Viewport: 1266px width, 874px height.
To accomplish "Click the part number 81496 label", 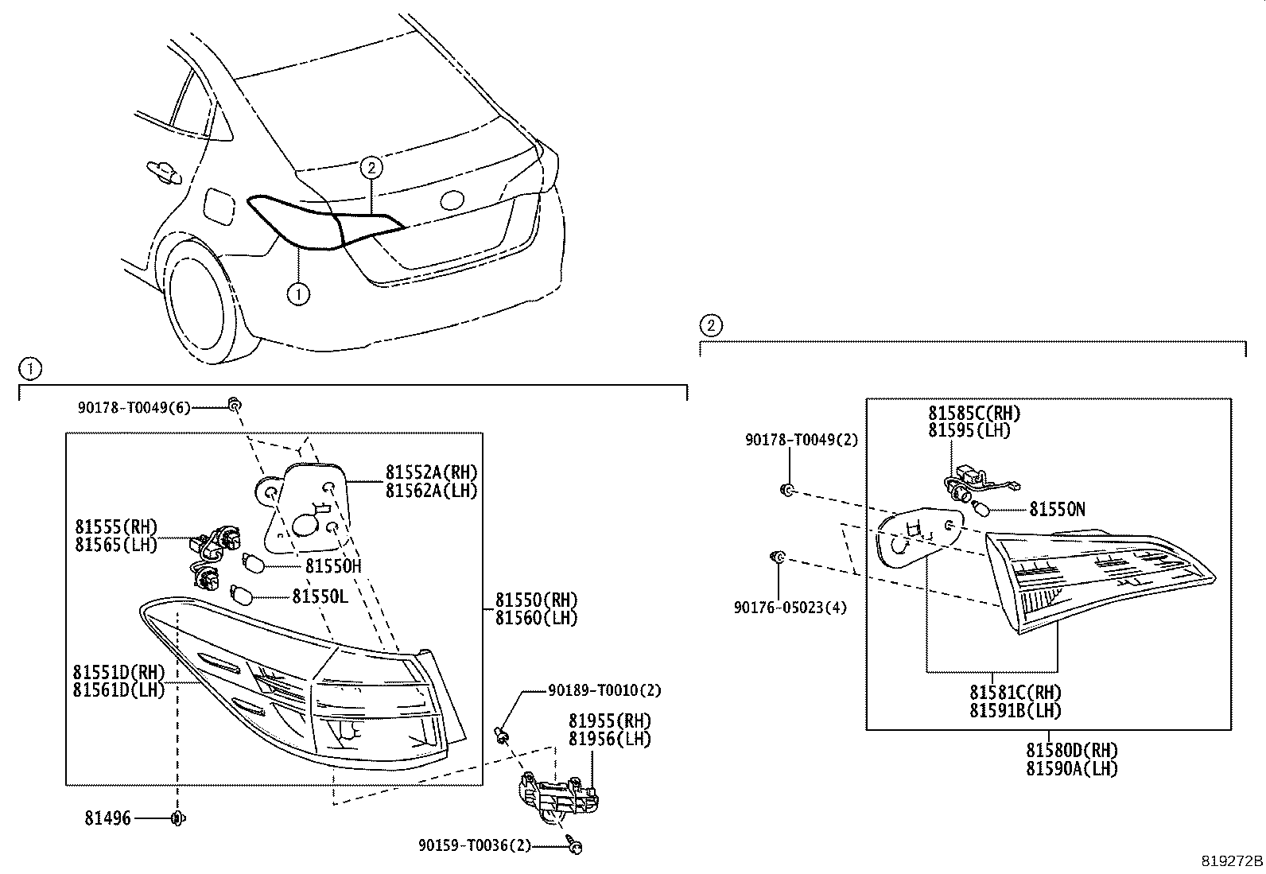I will [x=109, y=818].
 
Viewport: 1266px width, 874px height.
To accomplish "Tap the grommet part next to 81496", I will [x=177, y=818].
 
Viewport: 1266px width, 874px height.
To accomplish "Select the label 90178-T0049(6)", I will [x=134, y=406].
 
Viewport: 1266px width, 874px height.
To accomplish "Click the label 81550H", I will [x=333, y=565].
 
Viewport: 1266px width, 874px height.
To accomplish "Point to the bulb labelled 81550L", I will [x=241, y=594].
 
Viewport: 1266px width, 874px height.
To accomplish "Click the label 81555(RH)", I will [x=117, y=526].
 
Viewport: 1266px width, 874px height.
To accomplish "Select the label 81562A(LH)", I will [x=432, y=491].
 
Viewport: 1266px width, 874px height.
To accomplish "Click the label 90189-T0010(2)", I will [x=605, y=690].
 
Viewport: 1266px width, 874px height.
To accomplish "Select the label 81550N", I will [x=1057, y=509].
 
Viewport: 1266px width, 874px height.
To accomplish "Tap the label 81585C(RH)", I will [x=973, y=413].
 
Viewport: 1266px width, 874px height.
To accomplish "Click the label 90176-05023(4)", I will [x=790, y=608].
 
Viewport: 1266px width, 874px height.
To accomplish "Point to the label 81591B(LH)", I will [x=1015, y=710].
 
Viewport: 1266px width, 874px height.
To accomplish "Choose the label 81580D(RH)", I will [x=1071, y=750].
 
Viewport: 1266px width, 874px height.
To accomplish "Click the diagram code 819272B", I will [x=1231, y=861].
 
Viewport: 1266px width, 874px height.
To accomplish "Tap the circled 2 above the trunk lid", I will [x=371, y=168].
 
